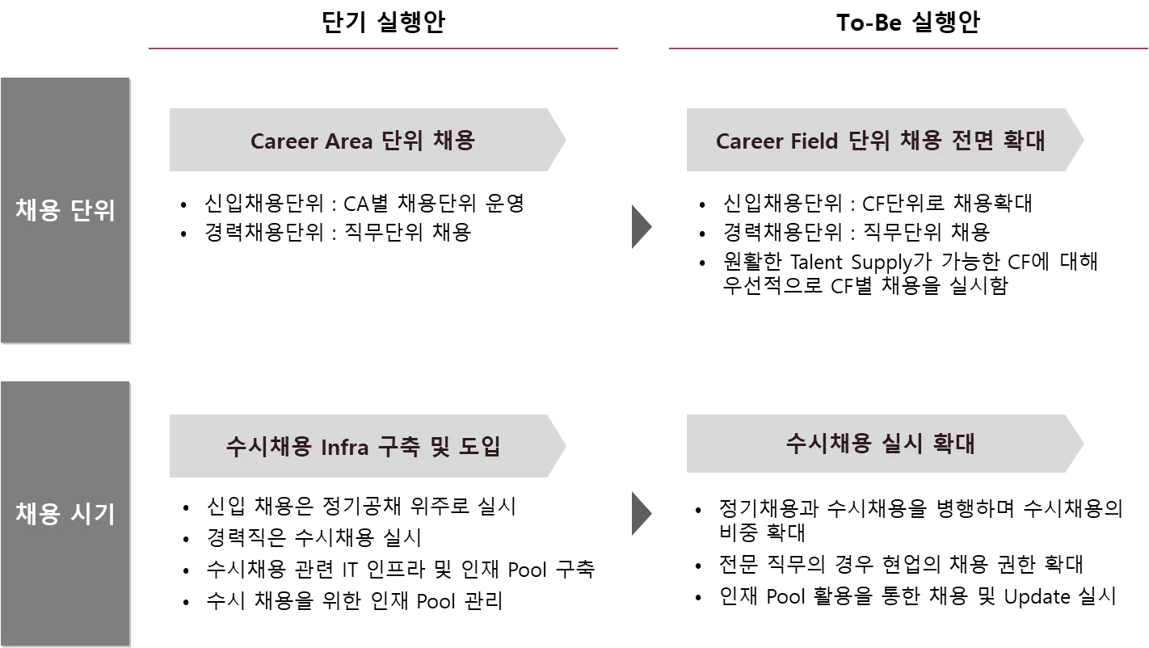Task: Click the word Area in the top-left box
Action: pyautogui.click(x=348, y=141)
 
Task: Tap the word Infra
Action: pyautogui.click(x=346, y=446)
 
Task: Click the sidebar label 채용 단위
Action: pyautogui.click(x=65, y=210)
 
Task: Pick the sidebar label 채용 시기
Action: pyautogui.click(x=65, y=514)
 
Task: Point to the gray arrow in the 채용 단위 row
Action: pyautogui.click(x=639, y=226)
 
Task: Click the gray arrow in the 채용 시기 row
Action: pyautogui.click(x=639, y=514)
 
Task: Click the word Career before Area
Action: pyautogui.click(x=284, y=141)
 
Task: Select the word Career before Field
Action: pyautogui.click(x=749, y=141)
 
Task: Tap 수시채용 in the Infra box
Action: pyautogui.click(x=268, y=446)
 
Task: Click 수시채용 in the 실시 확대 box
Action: pyautogui.click(x=828, y=443)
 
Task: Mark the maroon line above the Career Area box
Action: pyautogui.click(x=385, y=48)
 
